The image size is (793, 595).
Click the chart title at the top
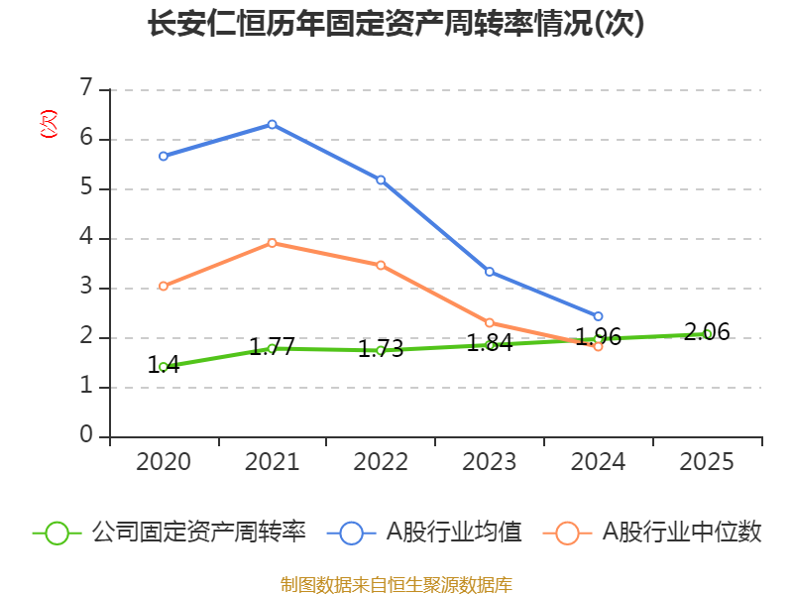point(396,24)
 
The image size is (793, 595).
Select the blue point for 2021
point(272,124)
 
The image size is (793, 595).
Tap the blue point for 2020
point(164,156)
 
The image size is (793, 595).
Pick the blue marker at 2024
point(598,316)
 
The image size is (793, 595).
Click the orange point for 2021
point(272,243)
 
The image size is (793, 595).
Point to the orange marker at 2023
point(490,322)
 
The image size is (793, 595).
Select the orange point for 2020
point(164,287)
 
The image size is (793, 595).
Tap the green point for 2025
point(707,334)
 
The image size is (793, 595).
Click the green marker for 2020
point(164,367)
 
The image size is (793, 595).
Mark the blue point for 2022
point(381,179)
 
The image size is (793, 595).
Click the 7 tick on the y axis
point(86,88)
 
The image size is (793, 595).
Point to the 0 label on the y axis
point(86,435)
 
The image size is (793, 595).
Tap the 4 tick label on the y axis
point(86,237)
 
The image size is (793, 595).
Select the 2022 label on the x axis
point(381,462)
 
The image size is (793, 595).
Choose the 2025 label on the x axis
point(707,462)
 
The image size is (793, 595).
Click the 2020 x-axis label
point(164,462)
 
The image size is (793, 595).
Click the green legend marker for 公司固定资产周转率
point(57,533)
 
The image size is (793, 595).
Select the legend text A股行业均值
point(454,533)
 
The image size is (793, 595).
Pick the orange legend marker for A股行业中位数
point(567,533)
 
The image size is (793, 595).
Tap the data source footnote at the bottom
point(396,584)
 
